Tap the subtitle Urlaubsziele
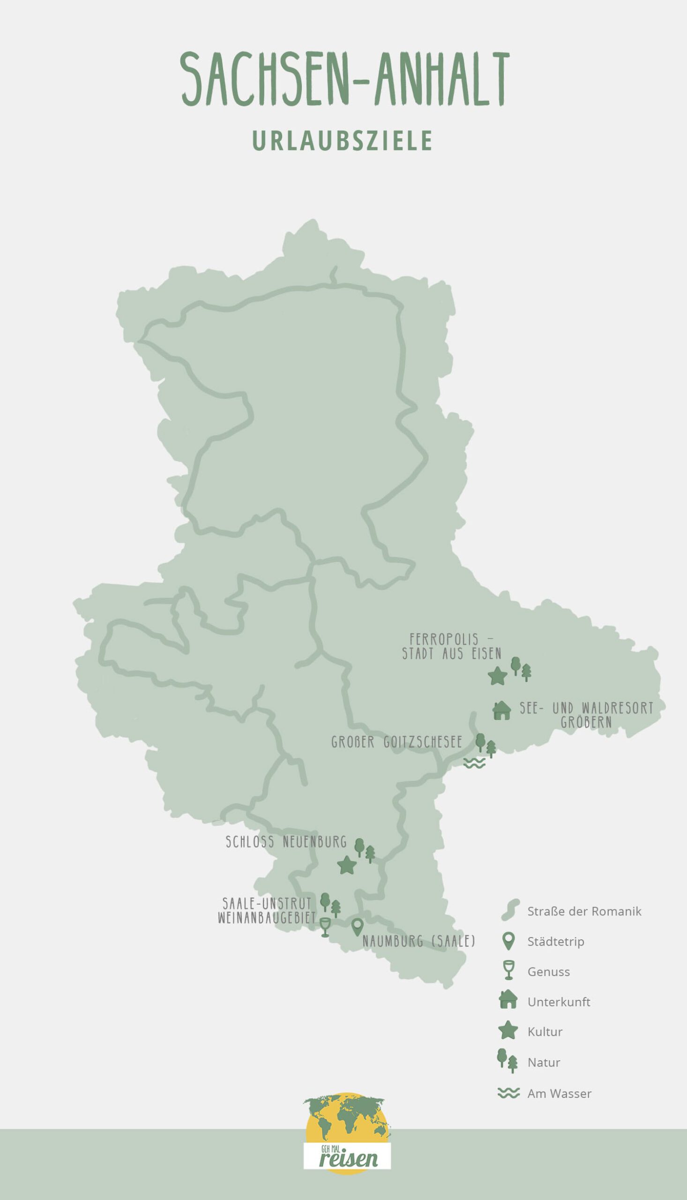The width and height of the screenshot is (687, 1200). (x=343, y=140)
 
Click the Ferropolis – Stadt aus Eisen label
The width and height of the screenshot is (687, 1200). (x=451, y=646)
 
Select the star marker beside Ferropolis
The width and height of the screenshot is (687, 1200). (x=497, y=676)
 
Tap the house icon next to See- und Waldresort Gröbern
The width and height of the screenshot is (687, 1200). (x=501, y=710)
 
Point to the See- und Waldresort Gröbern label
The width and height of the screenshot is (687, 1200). (x=587, y=715)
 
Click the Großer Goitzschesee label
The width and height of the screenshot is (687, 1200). (x=396, y=742)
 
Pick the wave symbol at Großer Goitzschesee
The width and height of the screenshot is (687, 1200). (x=474, y=763)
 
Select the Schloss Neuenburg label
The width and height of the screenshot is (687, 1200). (x=286, y=842)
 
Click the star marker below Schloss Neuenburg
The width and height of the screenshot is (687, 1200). (x=347, y=865)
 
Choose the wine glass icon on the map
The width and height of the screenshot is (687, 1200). (x=325, y=927)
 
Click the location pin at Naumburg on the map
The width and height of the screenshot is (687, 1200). (x=357, y=927)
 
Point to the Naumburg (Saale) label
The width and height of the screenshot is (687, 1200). (x=418, y=941)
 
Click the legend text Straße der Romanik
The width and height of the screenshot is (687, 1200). (x=584, y=911)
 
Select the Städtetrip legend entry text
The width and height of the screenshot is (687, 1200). (x=555, y=941)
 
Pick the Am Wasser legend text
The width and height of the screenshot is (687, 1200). (x=559, y=1093)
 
